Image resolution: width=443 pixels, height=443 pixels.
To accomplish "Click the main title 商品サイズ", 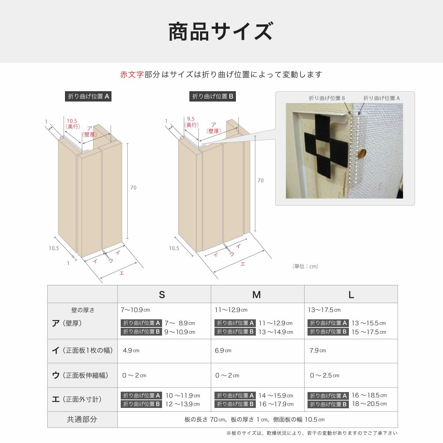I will click(221, 32).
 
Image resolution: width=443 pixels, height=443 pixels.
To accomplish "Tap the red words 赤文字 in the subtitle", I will click(132, 75).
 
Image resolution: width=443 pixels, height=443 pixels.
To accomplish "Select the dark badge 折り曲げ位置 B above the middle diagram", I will click(213, 96).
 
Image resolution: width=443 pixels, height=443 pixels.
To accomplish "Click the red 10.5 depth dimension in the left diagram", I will click(72, 121).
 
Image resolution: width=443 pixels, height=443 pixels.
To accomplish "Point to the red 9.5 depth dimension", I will click(191, 119).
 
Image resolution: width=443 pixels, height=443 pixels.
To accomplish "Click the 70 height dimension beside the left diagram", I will click(133, 188).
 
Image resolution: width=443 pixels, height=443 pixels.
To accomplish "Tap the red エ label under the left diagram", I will click(121, 273).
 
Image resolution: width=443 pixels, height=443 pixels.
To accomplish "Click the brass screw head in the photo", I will click(362, 153).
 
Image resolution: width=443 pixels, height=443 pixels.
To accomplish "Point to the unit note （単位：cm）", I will click(305, 266).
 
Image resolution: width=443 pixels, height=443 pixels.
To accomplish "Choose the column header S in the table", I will click(162, 295).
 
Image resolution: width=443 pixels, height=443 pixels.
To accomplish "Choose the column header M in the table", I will click(257, 295).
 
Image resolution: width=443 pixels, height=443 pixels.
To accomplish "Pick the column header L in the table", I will click(351, 295).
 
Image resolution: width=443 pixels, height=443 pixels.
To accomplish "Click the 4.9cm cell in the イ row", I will click(131, 350).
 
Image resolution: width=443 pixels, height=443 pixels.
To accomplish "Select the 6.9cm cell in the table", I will click(223, 350).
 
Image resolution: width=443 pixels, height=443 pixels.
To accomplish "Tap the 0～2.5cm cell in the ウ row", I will click(324, 375).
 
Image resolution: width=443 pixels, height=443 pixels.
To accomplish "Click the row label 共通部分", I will click(82, 419).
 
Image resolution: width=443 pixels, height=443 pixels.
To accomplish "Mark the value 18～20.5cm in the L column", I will click(369, 404).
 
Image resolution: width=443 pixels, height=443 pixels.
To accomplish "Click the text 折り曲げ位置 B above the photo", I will click(327, 98).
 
